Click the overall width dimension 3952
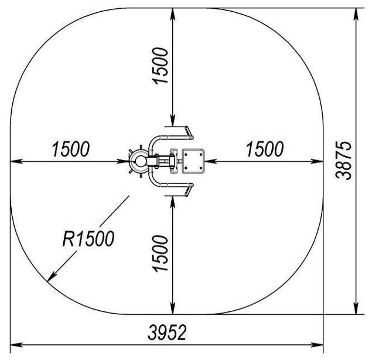pos(168,332)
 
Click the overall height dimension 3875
pos(344,161)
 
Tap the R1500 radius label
pos(88,239)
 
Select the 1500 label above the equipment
pos(161,66)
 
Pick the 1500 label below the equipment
pos(161,253)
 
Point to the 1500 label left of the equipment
pos(71,149)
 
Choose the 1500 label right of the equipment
pos(265,149)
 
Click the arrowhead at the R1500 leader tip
pos(52,277)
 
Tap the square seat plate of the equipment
pos(193,161)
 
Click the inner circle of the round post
pos(140,161)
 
